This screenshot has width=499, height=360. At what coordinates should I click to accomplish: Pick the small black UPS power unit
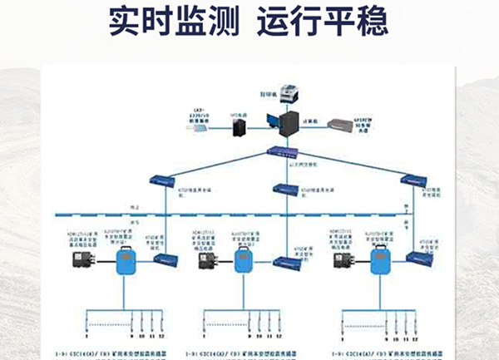click(241, 127)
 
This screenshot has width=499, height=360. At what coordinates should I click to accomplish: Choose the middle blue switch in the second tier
click(286, 187)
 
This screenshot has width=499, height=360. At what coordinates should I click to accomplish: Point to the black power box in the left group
click(86, 262)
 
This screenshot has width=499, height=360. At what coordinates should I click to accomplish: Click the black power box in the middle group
click(210, 262)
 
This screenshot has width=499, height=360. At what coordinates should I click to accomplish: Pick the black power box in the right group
click(342, 262)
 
